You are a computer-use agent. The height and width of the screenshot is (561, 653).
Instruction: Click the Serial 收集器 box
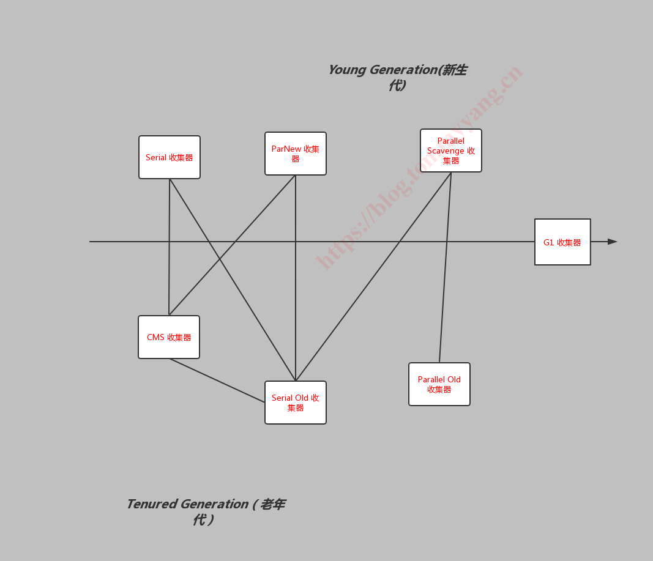[170, 157]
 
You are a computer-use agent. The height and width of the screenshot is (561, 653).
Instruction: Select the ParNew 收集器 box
[296, 154]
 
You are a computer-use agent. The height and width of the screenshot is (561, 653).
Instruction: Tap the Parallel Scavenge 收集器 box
[451, 150]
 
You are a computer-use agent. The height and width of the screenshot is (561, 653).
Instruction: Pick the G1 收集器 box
[562, 242]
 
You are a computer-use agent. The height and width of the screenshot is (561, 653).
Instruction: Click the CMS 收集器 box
[169, 337]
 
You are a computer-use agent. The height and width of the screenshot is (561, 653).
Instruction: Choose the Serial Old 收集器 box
[296, 403]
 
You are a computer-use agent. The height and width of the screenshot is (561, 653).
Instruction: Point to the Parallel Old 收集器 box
[439, 384]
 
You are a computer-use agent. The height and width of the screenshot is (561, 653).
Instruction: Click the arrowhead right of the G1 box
[612, 242]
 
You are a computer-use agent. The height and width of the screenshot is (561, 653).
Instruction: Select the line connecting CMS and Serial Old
[217, 381]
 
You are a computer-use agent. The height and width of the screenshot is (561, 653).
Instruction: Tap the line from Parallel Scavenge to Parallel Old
[445, 267]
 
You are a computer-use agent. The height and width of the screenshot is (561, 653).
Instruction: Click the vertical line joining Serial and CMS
[170, 247]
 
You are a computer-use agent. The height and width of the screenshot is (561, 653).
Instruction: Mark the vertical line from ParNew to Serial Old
[296, 278]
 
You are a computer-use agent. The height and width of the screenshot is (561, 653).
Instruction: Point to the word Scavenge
[446, 151]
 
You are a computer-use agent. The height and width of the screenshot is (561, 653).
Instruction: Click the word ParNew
[286, 149]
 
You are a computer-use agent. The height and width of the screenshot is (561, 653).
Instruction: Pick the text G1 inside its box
[548, 242]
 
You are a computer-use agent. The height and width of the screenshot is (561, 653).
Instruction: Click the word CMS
[156, 337]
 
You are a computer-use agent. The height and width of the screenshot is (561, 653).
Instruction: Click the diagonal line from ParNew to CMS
[233, 245]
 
